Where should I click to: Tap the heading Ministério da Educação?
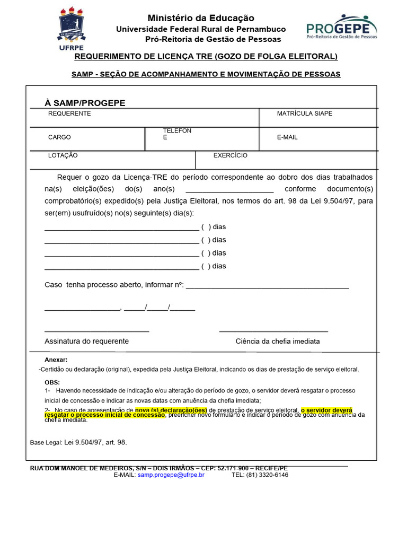coord(201,18)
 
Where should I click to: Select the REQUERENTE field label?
coord(69,113)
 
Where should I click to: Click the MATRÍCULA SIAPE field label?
coord(305,113)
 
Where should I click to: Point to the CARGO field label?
coord(59,137)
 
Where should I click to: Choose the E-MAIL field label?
coord(287,137)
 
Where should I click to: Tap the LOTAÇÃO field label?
coord(63,155)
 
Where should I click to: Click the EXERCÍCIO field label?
coord(230,155)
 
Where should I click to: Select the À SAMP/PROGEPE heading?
coord(85,102)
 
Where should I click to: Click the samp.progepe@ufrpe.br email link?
coord(171,475)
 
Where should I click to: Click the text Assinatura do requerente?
coord(86,341)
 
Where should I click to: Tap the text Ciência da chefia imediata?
coord(277,341)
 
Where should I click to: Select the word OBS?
coord(52,382)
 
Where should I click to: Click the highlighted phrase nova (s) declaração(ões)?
coord(171,410)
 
